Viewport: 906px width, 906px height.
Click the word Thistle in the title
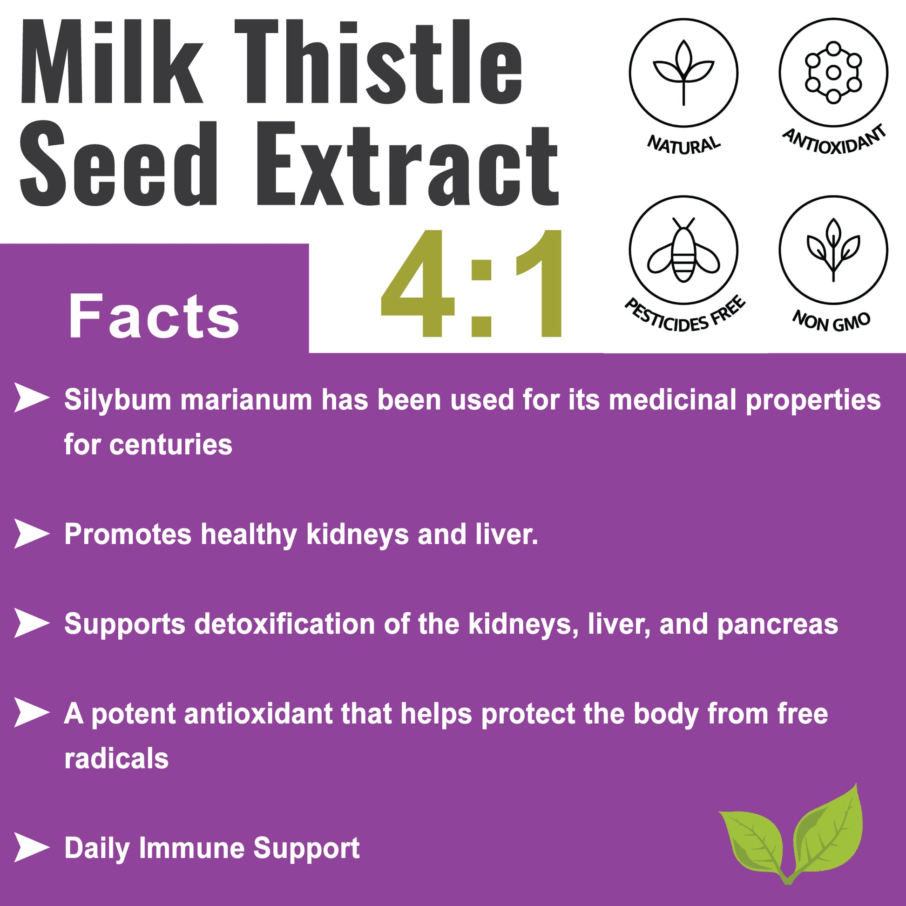coord(379,61)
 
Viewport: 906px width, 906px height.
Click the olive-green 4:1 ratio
coord(471,283)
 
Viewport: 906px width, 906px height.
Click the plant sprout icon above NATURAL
coord(683,73)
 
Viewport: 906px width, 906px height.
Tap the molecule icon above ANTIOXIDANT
coord(832,72)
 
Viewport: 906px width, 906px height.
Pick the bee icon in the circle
coord(683,249)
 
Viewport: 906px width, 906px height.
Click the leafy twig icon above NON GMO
coord(833,250)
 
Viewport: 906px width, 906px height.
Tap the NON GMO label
coord(832,321)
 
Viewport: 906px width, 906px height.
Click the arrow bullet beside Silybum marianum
coord(31,398)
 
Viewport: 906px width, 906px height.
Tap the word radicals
coord(116,758)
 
